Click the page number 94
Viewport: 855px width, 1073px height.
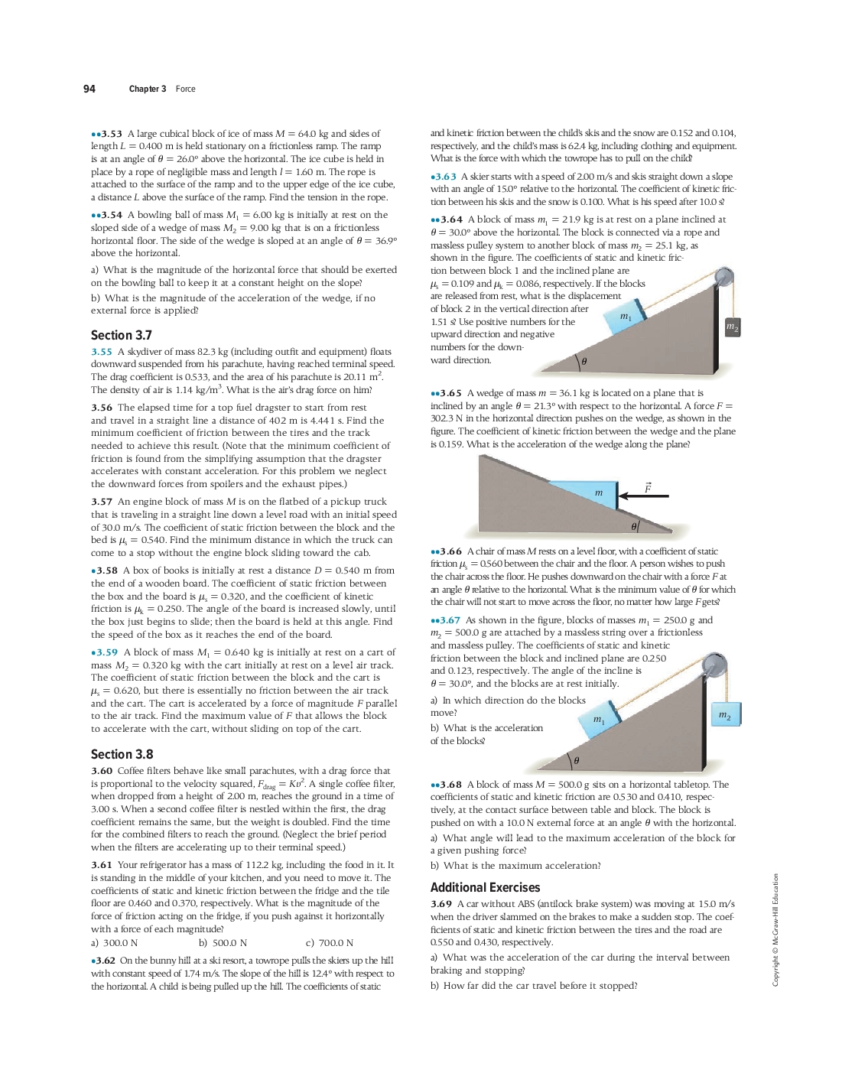(89, 89)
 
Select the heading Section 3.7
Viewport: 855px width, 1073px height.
(122, 335)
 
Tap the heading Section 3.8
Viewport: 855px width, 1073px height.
(122, 754)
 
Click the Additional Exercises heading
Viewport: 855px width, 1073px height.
(485, 887)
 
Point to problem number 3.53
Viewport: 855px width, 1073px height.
(109, 134)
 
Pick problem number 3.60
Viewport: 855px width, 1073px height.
(102, 771)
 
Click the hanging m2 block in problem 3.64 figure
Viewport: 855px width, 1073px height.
(732, 327)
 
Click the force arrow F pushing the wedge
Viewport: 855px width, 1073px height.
(643, 496)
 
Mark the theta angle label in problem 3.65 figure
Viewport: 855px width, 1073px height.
(634, 527)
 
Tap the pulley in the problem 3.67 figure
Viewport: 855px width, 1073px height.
(714, 665)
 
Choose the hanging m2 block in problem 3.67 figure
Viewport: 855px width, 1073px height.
(725, 714)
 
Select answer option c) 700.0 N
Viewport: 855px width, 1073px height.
(330, 943)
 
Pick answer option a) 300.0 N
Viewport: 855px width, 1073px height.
(115, 943)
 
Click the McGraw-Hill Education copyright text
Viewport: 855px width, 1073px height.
(775, 930)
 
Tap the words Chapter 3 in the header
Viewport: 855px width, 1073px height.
(148, 89)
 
